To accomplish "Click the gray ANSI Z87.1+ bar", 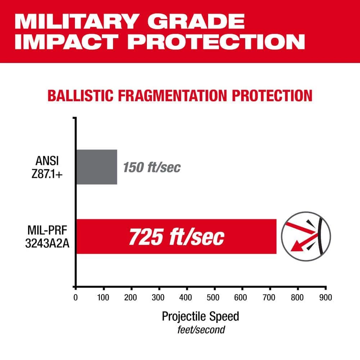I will [96, 167].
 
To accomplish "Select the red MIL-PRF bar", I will [176, 236].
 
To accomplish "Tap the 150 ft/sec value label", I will [152, 167].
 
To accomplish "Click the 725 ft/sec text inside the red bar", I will [176, 237].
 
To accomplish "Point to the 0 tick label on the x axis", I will [75, 298].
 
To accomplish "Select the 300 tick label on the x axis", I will [159, 298].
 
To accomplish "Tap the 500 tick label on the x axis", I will [215, 298].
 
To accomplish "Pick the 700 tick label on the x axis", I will [270, 298].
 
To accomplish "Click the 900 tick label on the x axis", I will [325, 298].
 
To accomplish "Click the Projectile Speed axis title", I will [201, 316].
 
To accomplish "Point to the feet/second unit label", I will [201, 329].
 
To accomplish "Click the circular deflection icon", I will [306, 236].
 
